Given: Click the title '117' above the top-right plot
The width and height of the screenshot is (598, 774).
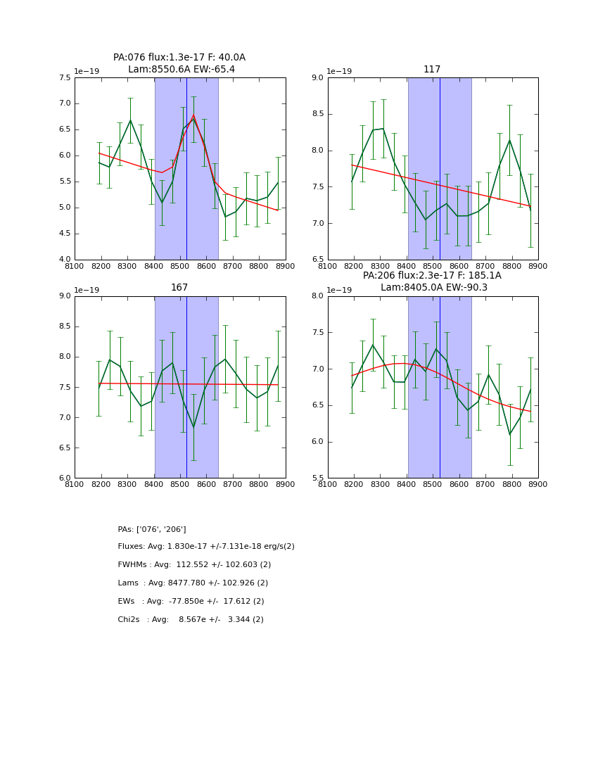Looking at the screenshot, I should coord(432,70).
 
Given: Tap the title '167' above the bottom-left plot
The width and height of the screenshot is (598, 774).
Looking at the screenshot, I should coord(179,288).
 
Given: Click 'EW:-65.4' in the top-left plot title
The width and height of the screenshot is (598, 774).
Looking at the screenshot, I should coord(214,70).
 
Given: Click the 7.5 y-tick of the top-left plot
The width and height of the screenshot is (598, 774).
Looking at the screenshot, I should coord(63,78).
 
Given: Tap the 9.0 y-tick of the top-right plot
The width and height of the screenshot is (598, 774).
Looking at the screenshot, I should coord(317,78).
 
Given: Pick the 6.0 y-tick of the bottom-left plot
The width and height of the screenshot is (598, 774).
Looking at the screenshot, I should coord(63,478).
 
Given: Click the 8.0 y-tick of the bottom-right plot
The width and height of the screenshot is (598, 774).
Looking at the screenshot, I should coord(317,296).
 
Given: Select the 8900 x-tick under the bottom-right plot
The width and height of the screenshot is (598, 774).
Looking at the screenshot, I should coord(538,483).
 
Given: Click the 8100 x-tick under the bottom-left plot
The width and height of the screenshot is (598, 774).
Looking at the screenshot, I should coord(75,483).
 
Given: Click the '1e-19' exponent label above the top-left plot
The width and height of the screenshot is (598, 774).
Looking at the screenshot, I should coord(87,72).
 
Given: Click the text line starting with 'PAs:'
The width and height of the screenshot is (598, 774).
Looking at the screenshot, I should coord(152,529).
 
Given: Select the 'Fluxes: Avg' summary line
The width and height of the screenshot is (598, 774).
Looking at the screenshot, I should coord(206,547).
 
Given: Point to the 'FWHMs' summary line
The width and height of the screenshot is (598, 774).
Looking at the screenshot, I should coord(194,565).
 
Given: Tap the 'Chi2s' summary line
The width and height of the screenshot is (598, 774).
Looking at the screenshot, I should coord(191,620).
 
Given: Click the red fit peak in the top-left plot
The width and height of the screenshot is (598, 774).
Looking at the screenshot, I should coord(193,116).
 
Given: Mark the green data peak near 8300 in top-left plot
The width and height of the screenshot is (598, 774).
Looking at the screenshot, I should coord(130,120).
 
